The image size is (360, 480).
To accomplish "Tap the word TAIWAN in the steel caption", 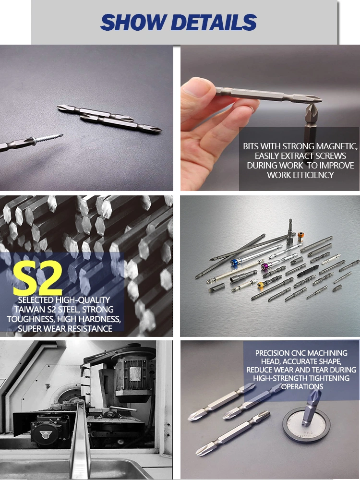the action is [x=27, y=310].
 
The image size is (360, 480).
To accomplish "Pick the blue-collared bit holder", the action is [x=235, y=263].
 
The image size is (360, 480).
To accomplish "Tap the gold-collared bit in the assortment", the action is [x=261, y=285].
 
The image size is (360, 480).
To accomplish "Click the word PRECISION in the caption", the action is [x=273, y=353].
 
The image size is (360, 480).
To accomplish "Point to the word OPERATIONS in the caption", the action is [x=302, y=386].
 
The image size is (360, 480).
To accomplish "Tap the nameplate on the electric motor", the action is [x=135, y=374].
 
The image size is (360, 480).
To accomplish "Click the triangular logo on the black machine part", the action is [x=46, y=434].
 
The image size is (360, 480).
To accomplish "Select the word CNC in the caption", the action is [x=299, y=353].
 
